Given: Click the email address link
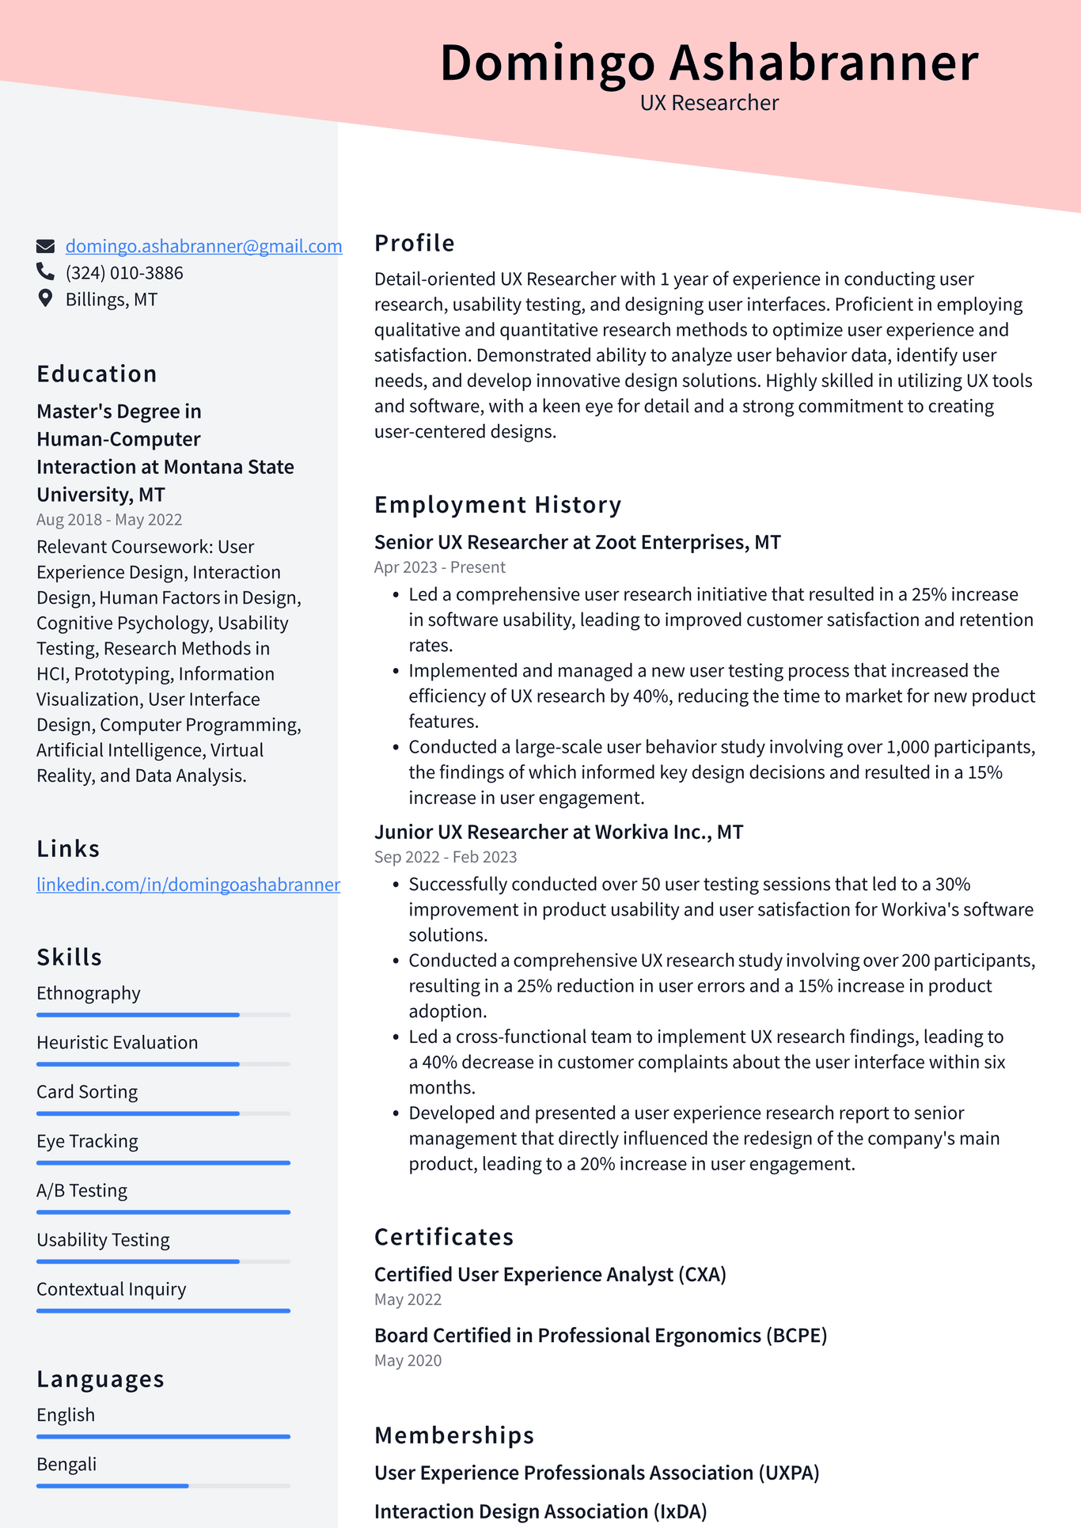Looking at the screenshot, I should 203,246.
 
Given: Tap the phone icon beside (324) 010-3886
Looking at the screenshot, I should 45,272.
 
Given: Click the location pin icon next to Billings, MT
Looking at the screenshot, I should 45,298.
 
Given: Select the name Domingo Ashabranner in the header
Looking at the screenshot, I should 709,63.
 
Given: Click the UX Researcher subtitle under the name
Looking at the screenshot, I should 709,103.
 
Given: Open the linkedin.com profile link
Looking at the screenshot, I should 188,884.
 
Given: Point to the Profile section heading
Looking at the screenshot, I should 414,243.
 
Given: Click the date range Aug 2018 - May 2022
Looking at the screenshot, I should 109,519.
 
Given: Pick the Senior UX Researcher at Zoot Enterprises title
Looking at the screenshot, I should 577,542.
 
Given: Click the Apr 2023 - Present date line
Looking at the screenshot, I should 439,567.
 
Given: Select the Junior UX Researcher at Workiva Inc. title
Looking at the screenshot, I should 558,832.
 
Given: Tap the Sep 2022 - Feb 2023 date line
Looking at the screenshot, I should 445,856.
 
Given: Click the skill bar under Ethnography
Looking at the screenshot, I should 163,1014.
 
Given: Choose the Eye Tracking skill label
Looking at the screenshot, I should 87,1141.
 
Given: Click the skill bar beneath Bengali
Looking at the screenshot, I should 163,1486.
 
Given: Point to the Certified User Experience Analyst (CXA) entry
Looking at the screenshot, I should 550,1274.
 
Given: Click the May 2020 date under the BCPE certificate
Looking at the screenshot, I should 408,1360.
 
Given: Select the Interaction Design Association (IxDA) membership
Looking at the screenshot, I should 540,1511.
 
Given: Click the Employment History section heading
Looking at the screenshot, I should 497,505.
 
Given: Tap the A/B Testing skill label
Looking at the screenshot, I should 82,1190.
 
